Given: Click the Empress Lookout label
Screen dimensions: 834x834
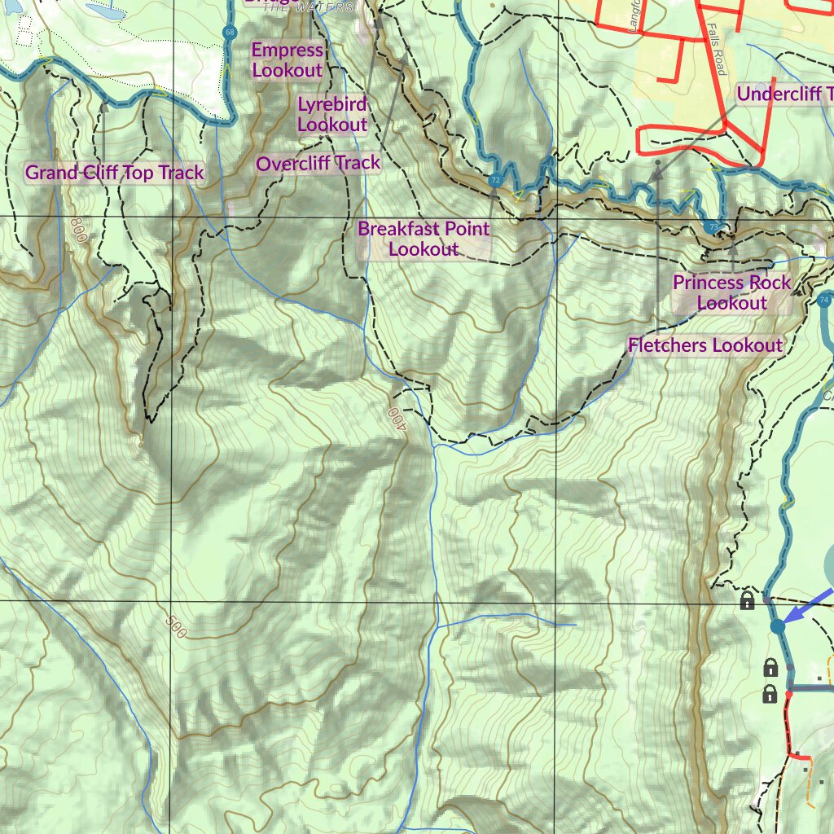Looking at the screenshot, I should tap(287, 60).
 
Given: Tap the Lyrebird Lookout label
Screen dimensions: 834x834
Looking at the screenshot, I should tap(332, 114).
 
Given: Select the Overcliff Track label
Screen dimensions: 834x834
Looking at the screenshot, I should tap(318, 164).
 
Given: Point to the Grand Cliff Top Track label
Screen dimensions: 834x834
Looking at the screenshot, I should tap(115, 173).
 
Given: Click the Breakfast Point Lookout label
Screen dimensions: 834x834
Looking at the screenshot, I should tap(424, 239).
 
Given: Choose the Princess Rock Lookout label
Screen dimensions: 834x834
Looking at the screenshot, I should tap(731, 292).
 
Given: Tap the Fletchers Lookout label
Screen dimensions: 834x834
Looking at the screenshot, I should tap(705, 345).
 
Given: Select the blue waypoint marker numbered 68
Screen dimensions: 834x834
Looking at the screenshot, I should tap(230, 32).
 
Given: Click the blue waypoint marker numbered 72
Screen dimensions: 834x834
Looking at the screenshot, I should tap(495, 180).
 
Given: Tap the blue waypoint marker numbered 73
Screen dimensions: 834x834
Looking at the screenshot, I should tap(713, 227).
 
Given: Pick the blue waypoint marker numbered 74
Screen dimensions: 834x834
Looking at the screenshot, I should tap(823, 300).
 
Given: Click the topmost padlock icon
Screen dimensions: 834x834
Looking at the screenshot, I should tap(747, 601).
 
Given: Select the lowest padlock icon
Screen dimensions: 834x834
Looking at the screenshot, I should tap(769, 694).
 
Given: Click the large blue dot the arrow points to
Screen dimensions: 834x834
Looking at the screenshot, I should tap(777, 626).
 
